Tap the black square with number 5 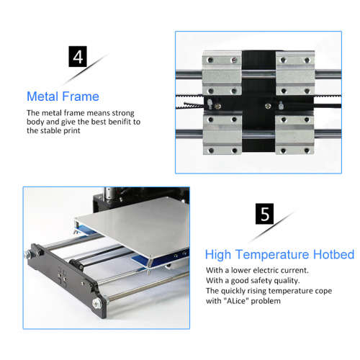click(x=264, y=215)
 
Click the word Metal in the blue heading click(x=42, y=96)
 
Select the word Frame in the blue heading click(x=80, y=96)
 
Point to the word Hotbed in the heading click(x=331, y=254)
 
